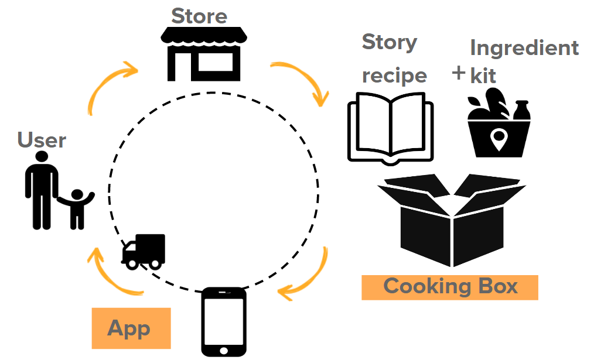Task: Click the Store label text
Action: (x=199, y=16)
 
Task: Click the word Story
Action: (x=390, y=42)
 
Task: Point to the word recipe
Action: (x=394, y=76)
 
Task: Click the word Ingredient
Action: (x=524, y=47)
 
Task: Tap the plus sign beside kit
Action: (x=459, y=73)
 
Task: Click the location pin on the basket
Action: (x=499, y=139)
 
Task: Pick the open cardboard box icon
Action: (x=449, y=220)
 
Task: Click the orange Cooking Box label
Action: (x=450, y=287)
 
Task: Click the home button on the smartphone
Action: (x=223, y=349)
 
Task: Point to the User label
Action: (x=42, y=140)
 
